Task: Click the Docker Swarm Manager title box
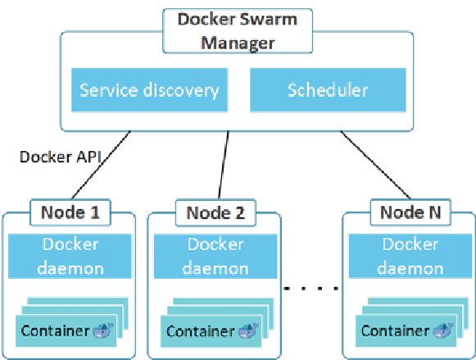[x=238, y=31]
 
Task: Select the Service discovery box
[x=149, y=90]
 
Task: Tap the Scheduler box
[x=328, y=90]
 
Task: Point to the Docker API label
[x=60, y=157]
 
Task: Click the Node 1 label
[x=70, y=212]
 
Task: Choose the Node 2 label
[x=215, y=212]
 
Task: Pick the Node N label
[x=410, y=212]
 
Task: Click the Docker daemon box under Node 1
[x=70, y=256]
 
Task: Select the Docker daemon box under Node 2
[x=215, y=256]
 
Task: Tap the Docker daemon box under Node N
[x=410, y=256]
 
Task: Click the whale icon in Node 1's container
[x=103, y=330]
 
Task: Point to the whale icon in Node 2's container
[x=248, y=330]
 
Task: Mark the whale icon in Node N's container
[x=443, y=330]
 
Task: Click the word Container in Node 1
[x=55, y=330]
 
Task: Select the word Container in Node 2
[x=201, y=331]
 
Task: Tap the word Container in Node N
[x=396, y=330]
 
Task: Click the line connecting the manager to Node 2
[x=224, y=165]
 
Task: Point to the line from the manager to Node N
[x=375, y=165]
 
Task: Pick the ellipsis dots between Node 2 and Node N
[x=311, y=288]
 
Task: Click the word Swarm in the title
[x=268, y=20]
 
